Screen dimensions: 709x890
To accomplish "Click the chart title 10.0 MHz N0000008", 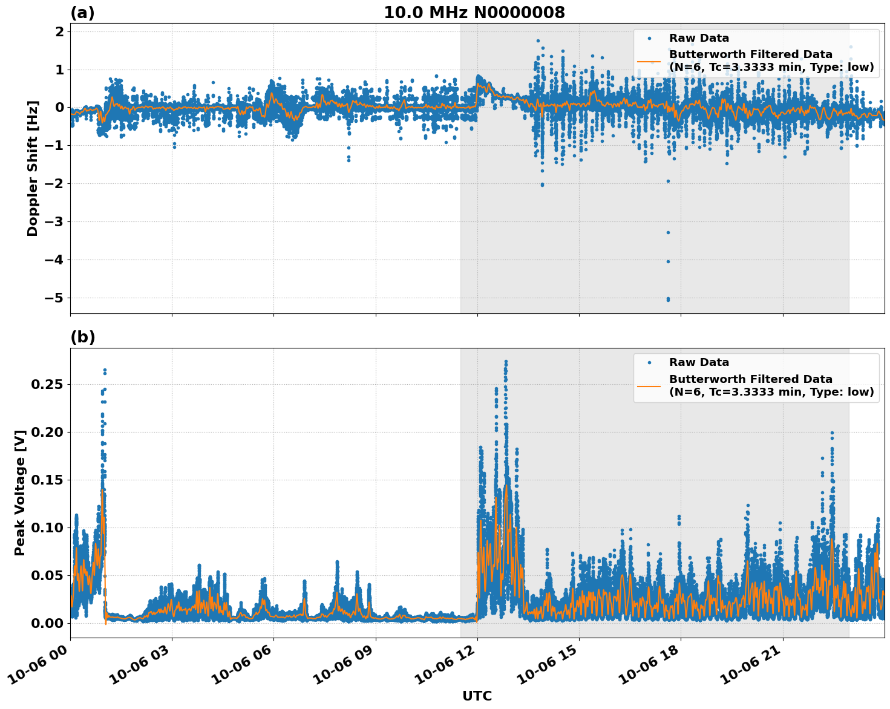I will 474,13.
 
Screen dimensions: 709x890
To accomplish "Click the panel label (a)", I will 82,13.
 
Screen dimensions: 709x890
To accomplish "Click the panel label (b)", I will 82,338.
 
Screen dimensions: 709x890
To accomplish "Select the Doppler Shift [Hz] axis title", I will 33,168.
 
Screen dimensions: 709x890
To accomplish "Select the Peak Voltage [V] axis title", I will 20,492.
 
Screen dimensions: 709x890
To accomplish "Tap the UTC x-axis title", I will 477,696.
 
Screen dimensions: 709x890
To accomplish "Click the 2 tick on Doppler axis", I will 60,31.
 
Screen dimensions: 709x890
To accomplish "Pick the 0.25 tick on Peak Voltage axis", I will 49,385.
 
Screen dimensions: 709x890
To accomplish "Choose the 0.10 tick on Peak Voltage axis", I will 49,528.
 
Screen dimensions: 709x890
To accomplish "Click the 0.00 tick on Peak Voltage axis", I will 49,623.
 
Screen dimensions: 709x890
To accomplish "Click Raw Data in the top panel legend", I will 699,39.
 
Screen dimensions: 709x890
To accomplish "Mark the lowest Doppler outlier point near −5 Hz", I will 668,299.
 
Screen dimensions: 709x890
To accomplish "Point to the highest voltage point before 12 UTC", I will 105,370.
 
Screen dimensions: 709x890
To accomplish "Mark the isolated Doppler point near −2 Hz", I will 542,185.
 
